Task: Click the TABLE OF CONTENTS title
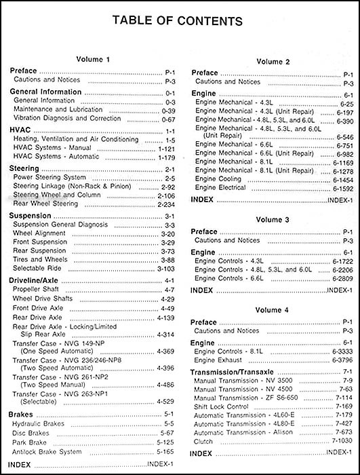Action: tap(180, 21)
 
